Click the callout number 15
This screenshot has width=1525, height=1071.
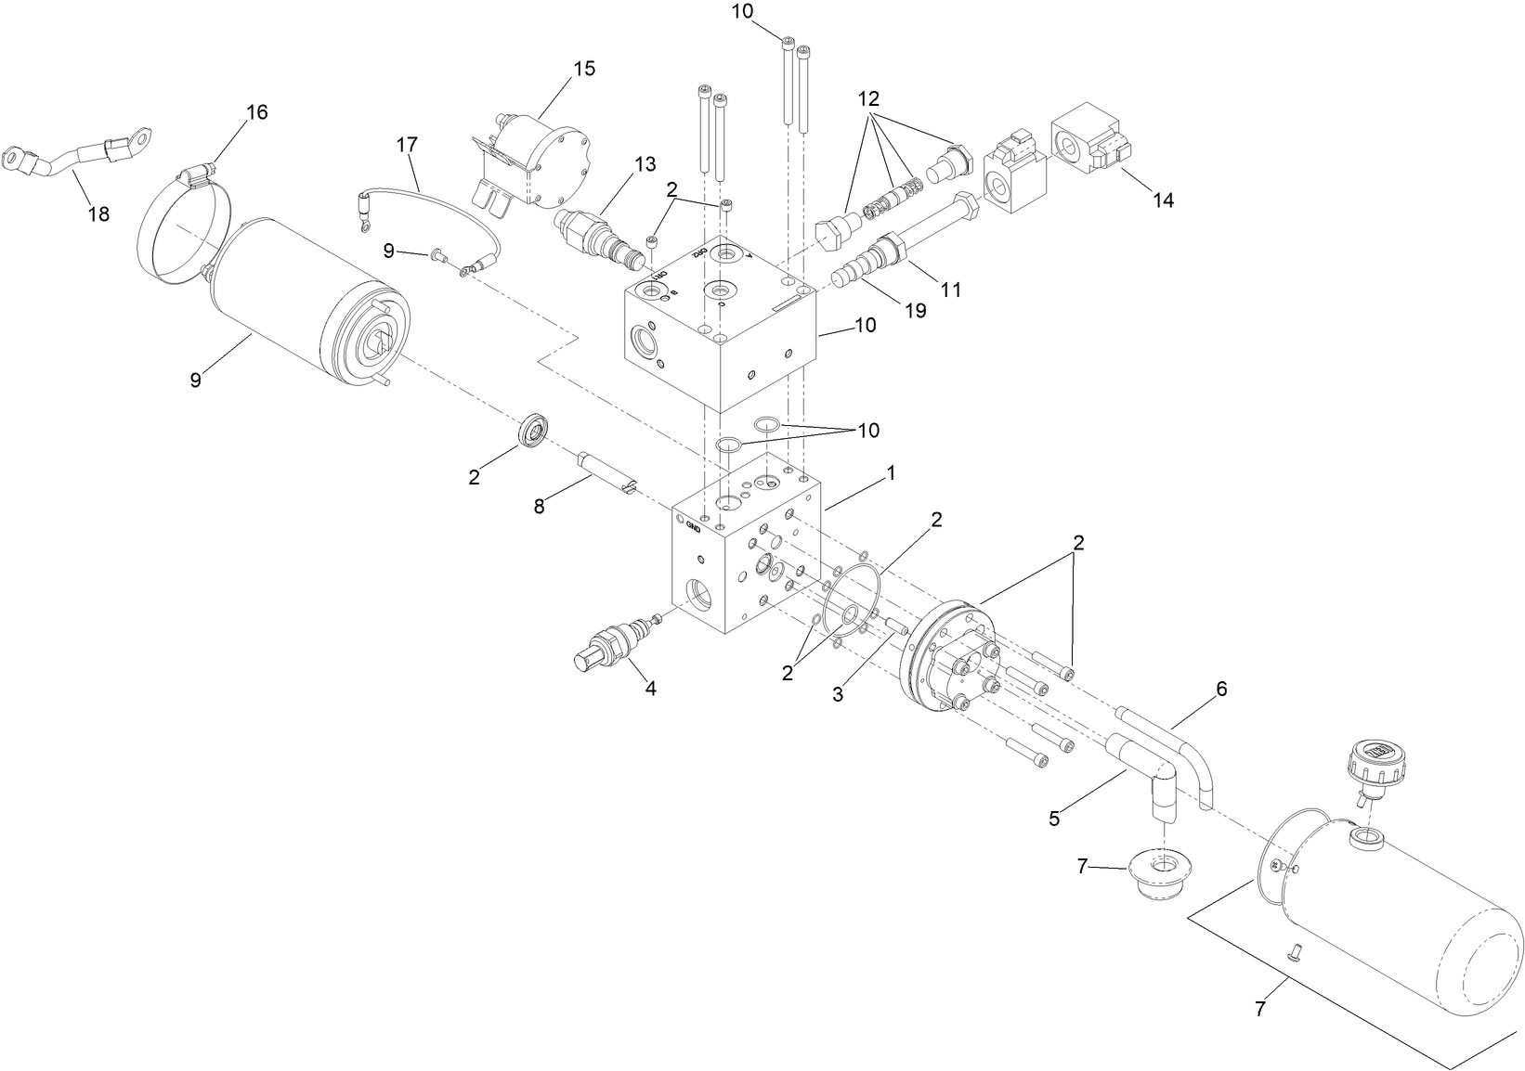pos(583,69)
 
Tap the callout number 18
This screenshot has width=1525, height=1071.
pos(98,214)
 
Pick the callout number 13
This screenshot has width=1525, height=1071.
pos(645,164)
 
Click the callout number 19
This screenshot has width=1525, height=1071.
pos(916,310)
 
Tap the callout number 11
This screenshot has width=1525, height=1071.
pos(950,290)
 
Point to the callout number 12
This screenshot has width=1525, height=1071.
pos(867,97)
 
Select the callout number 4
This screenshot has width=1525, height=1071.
pos(650,689)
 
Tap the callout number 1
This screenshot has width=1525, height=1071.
pos(890,472)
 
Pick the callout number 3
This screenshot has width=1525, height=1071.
pos(838,693)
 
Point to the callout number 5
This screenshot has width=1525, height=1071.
pos(1054,819)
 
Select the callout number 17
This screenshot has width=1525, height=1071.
pos(407,145)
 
